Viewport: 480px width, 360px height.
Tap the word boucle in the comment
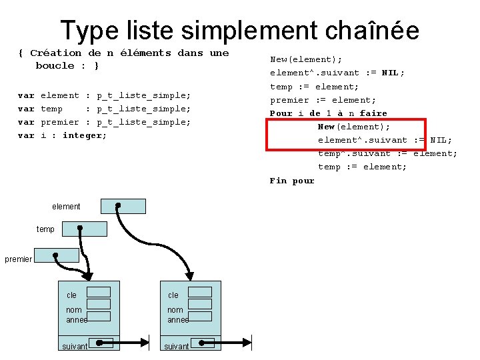(x=55, y=65)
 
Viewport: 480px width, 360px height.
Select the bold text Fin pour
(x=292, y=180)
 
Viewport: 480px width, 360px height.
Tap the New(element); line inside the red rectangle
(x=354, y=127)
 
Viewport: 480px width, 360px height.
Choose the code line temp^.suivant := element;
(x=387, y=153)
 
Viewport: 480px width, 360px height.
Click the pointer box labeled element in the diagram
(x=123, y=206)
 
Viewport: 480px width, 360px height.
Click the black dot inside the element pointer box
(x=118, y=205)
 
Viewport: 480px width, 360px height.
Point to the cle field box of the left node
(x=99, y=292)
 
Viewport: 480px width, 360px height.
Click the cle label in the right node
(x=173, y=295)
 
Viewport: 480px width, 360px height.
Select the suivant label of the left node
(x=75, y=347)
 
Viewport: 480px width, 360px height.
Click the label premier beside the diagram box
(x=18, y=259)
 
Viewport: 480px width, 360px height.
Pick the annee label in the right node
(x=178, y=320)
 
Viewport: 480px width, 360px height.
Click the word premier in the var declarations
(x=59, y=122)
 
